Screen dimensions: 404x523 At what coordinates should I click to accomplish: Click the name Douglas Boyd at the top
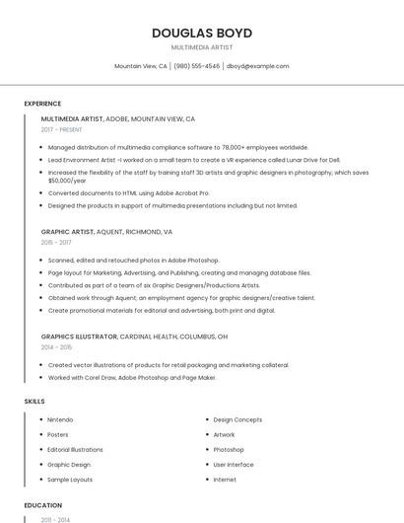click(201, 33)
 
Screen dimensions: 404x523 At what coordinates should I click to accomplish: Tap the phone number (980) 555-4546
click(197, 66)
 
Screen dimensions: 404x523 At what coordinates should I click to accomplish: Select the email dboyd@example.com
click(257, 66)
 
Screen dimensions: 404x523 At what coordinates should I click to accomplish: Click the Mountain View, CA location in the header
click(141, 66)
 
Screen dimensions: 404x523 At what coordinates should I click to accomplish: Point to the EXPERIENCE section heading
click(42, 104)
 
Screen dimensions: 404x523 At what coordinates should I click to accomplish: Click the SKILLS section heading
click(34, 402)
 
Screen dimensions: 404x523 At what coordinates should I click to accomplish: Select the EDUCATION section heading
click(42, 505)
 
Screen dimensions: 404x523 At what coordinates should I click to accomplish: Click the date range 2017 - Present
click(61, 129)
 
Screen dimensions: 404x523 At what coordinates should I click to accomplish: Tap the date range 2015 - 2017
click(56, 242)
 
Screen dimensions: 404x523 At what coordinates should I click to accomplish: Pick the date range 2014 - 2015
click(56, 347)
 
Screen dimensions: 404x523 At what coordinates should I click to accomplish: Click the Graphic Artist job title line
click(106, 232)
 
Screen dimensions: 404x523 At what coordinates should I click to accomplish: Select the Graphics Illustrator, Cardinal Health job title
click(134, 336)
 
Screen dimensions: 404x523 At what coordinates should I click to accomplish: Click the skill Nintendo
click(60, 419)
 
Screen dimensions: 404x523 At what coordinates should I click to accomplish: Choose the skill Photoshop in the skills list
click(229, 449)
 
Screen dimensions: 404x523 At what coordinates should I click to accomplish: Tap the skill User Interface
click(234, 464)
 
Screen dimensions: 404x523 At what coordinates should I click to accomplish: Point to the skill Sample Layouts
click(70, 479)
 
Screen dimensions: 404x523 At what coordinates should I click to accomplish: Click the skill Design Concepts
click(237, 419)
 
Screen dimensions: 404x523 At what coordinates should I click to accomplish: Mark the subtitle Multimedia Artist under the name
click(201, 47)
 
